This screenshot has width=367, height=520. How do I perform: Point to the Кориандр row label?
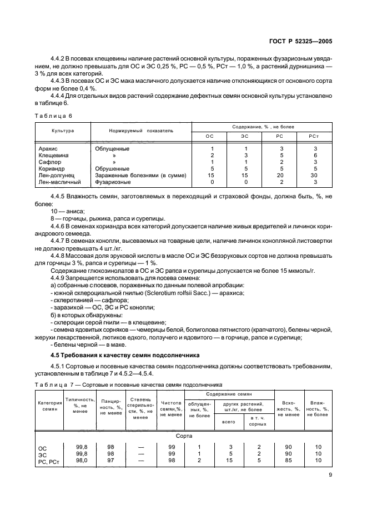pos(52,169)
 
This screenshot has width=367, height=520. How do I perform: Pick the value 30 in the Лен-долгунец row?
pos(315,176)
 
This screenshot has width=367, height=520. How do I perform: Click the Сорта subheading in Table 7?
pos(183,437)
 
